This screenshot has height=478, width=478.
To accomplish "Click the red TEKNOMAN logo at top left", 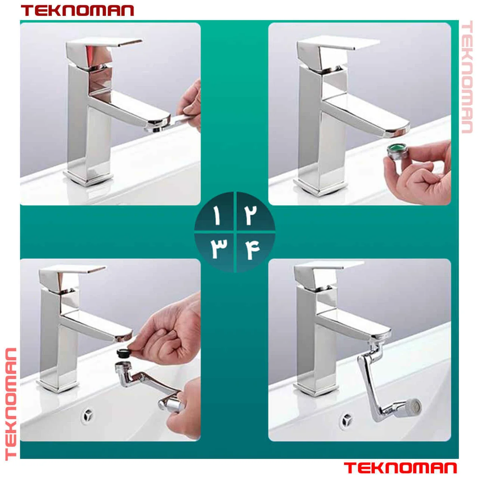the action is (77, 11).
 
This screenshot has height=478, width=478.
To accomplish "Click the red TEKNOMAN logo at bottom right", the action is (400, 468).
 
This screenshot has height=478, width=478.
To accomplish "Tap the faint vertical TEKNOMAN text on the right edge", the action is (466, 77).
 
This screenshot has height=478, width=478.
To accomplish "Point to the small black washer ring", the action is (122, 353).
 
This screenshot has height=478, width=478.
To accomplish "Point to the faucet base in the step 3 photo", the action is (58, 385).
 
